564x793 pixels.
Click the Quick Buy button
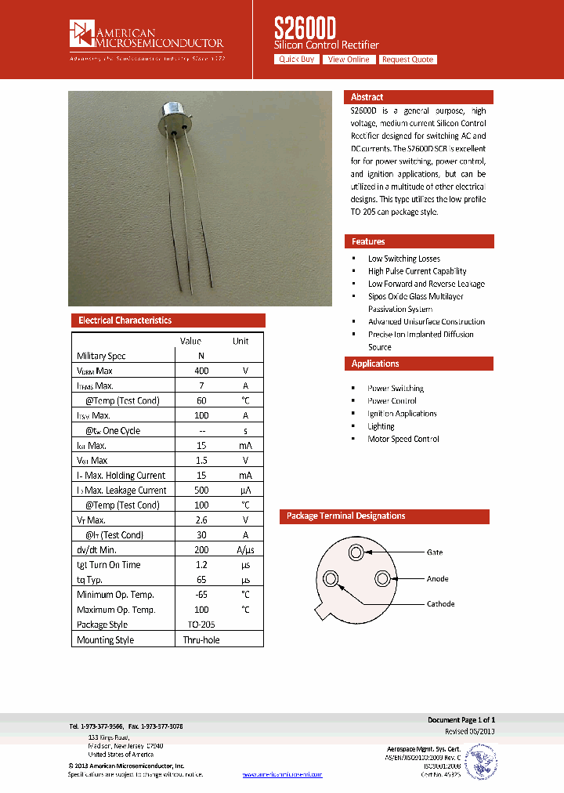[297, 60]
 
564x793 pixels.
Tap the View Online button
[349, 60]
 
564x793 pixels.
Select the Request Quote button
[407, 60]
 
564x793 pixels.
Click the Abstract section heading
[367, 97]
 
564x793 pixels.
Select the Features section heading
[368, 241]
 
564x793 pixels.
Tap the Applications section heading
[375, 364]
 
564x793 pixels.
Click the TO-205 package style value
[201, 625]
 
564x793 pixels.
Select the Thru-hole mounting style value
[201, 640]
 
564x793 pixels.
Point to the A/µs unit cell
[245, 550]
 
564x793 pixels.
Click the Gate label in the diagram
[434, 552]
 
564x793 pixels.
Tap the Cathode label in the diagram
[440, 603]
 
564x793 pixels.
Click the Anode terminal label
[437, 579]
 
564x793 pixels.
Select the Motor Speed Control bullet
[403, 439]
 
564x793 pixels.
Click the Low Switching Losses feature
[404, 259]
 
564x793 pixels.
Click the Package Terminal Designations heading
[345, 516]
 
